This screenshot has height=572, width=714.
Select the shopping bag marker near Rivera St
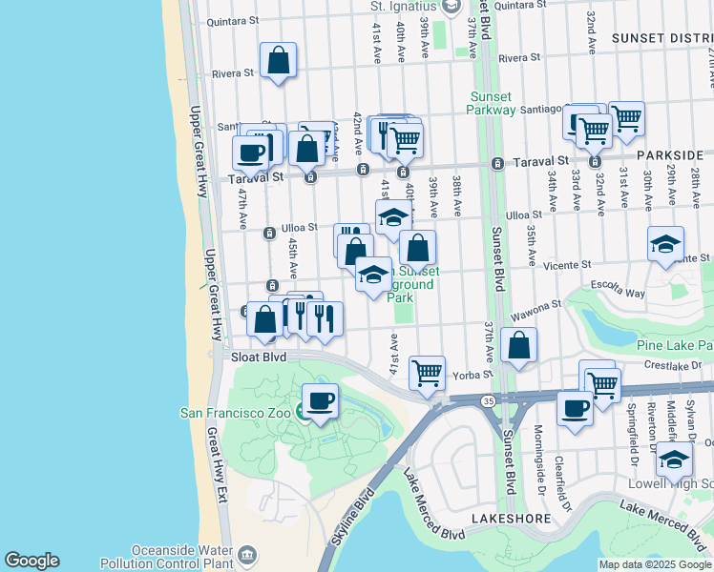(278, 60)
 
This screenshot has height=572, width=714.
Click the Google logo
(31, 561)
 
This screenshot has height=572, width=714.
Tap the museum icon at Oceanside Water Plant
(247, 554)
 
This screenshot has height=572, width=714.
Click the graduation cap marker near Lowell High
(674, 460)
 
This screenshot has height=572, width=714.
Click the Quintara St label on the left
(226, 20)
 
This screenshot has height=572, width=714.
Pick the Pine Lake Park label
(674, 344)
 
